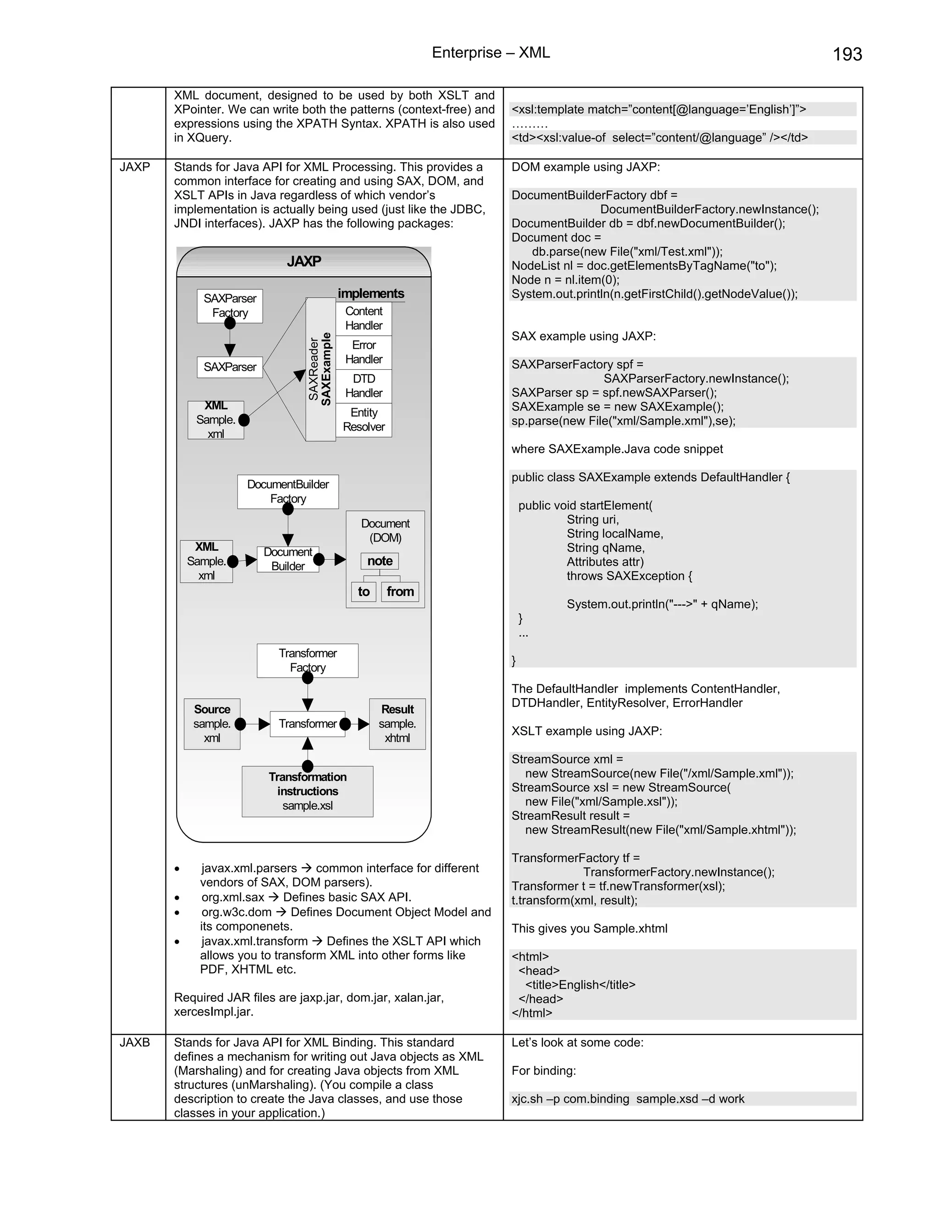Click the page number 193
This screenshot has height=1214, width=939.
coord(847,55)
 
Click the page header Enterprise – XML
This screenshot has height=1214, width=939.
coord(491,53)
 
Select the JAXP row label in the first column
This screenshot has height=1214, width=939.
coord(135,167)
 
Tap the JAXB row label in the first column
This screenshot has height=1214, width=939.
coord(135,1042)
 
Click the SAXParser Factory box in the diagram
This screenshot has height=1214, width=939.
coord(230,305)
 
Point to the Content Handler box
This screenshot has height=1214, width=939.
coord(364,318)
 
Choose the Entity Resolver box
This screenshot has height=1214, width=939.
coord(364,420)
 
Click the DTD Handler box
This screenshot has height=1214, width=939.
coord(364,386)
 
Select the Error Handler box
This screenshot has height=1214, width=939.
coord(364,352)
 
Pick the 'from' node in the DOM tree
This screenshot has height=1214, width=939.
coord(400,591)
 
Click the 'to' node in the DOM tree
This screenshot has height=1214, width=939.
coord(364,591)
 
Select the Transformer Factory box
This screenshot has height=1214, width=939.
coord(307,660)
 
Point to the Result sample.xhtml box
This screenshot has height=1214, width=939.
coord(397,724)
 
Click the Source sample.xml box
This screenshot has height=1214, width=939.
coord(212,724)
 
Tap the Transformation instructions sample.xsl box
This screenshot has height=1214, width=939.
coord(307,791)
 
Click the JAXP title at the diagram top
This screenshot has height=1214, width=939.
coord(304,261)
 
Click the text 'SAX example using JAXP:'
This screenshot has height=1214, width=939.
coord(584,336)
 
